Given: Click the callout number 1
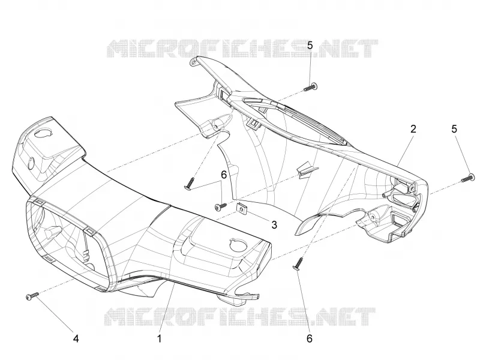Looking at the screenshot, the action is [159, 338].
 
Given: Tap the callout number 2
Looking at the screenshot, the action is [413, 129].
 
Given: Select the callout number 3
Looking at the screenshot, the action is [274, 224].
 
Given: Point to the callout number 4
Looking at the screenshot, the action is [76, 338].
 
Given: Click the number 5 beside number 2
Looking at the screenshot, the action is [454, 129].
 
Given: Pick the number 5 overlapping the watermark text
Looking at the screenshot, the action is [310, 46].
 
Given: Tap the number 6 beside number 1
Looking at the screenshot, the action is [310, 338].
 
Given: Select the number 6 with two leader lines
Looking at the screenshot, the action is [224, 175].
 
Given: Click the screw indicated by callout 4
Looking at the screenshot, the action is [32, 296].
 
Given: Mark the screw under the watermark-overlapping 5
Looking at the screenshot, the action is [310, 87].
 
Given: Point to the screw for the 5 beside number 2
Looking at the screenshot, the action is [467, 178].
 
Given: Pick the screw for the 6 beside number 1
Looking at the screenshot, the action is [298, 264].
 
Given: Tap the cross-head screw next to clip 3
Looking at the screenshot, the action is [221, 206].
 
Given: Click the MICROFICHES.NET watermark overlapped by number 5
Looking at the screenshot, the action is [242, 49].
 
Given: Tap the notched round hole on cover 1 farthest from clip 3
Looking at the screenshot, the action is [43, 133].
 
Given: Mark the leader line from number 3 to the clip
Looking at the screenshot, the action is [258, 216].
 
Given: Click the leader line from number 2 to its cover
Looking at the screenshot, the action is [404, 151].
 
